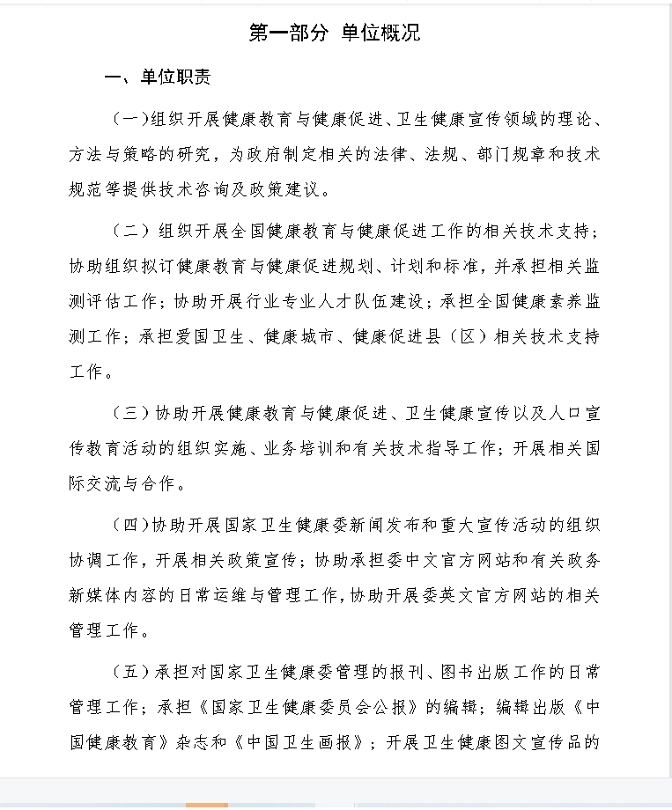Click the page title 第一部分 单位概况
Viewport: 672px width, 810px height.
336,33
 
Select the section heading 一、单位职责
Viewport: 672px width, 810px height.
158,78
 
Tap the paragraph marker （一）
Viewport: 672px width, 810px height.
131,119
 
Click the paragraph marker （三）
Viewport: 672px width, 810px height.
132,412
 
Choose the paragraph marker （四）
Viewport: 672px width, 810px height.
131,525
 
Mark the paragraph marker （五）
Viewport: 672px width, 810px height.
132,672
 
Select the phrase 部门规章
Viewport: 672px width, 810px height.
504,154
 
